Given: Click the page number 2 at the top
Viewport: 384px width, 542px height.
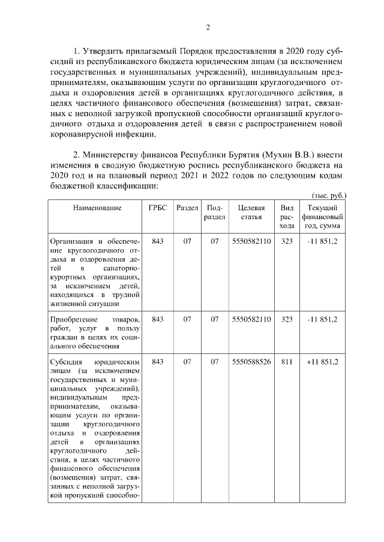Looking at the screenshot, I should coord(208,26).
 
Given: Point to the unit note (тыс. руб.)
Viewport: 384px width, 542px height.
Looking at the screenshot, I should coord(329,195).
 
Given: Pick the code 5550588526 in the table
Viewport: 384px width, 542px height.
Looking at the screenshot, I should coord(251,362).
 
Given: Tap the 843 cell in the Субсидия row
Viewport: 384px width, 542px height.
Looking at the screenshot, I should coord(158,362).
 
